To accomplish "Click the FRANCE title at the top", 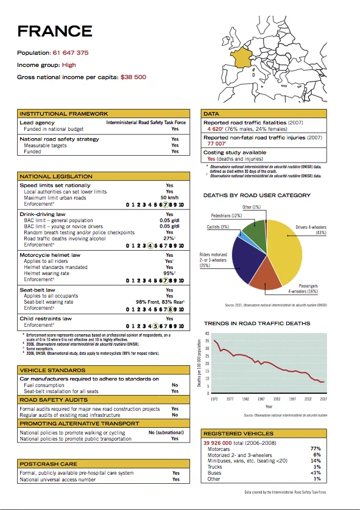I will (x=55, y=32).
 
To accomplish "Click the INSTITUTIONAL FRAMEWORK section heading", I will (x=64, y=114).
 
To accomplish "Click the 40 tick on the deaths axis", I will (x=207, y=334).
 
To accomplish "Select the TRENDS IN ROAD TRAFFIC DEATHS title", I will (x=257, y=323).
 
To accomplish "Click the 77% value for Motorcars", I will (x=316, y=449).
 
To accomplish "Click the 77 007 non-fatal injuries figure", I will (x=217, y=144).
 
